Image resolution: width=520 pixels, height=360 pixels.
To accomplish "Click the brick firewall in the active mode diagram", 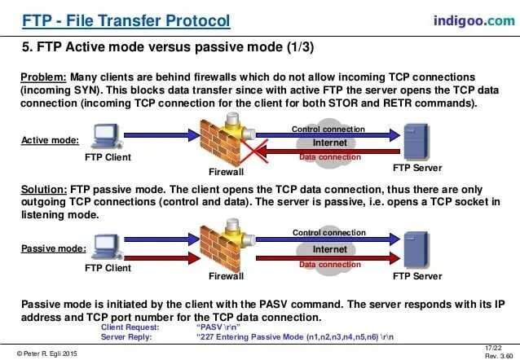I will pyautogui.click(x=222, y=138).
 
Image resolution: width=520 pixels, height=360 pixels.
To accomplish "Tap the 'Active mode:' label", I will pyautogui.click(x=50, y=140).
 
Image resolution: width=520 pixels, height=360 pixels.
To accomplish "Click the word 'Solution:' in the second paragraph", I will pyautogui.click(x=45, y=187).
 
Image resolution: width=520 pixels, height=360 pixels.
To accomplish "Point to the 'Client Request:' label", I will pyautogui.click(x=130, y=326).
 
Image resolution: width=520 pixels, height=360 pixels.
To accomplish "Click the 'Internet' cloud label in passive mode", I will pyautogui.click(x=329, y=249).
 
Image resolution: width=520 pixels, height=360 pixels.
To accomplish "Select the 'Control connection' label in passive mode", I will pyautogui.click(x=329, y=233).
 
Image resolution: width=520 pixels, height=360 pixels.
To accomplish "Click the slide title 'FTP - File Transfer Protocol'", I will pyautogui.click(x=125, y=20).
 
